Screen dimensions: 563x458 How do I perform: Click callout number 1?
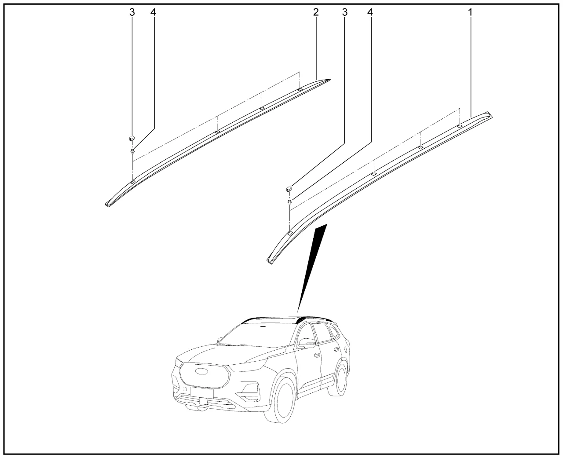point(470,12)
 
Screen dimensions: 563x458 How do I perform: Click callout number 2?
point(316,12)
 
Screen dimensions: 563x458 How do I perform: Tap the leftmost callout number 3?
point(132,12)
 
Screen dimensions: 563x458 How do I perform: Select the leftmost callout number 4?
point(154,12)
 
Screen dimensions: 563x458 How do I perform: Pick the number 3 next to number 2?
point(345,12)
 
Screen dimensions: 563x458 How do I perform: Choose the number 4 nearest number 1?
point(370,12)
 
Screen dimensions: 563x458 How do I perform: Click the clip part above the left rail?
point(132,138)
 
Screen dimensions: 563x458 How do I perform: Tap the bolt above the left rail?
point(132,151)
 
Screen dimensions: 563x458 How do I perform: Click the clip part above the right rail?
point(289,189)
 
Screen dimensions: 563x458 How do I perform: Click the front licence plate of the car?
point(201,392)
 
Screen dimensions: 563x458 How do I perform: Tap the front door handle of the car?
point(316,355)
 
